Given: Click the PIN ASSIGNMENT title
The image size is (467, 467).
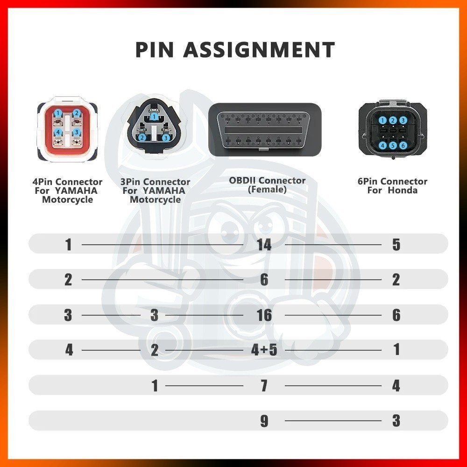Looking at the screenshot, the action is point(235,50).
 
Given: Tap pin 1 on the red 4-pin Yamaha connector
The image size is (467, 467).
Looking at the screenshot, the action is point(58,113).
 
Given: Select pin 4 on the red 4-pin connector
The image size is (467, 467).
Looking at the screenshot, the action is point(58,132).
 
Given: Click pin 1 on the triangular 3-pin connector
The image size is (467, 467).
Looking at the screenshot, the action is point(154,116).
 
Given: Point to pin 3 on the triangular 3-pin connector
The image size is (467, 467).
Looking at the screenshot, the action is point(166,138).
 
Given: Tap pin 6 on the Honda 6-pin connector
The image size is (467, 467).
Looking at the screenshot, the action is point(403,145).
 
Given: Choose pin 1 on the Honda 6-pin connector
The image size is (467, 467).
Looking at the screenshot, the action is point(383,120).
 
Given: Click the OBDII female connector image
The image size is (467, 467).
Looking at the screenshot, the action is point(265,129).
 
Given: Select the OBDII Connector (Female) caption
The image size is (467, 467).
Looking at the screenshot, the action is point(267,185).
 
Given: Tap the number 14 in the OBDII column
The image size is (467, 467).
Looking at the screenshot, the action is point(264,245).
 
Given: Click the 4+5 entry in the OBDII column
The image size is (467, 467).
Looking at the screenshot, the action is point(264,350).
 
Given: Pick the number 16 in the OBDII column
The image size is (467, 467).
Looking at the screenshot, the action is point(264,315).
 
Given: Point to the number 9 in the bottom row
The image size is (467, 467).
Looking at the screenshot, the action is point(264,421).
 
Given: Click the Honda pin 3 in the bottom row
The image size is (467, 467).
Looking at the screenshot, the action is point(396,421).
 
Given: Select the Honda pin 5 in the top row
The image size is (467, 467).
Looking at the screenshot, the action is point(396,245).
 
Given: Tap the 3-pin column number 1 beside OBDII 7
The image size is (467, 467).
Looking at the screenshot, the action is point(155,386).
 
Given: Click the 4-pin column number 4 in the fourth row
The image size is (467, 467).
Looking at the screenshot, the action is point(69,350).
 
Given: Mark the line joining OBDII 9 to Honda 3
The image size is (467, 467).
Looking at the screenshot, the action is point(333,421).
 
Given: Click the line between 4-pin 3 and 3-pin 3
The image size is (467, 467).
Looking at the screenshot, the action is point(111,315).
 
